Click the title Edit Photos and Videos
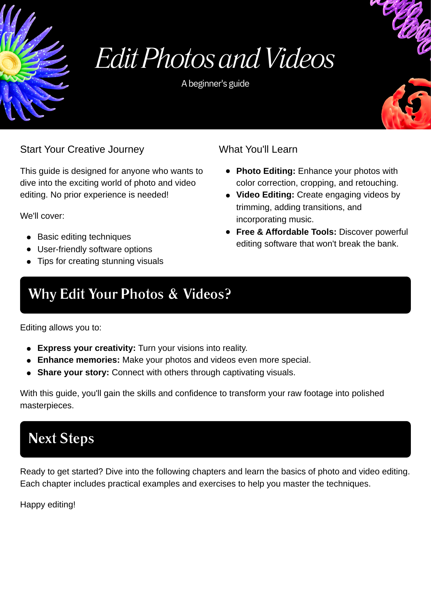coord(215,58)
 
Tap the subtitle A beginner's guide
coord(215,84)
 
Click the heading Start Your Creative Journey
coord(82,150)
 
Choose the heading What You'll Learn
coord(258,150)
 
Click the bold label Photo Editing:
coord(266,171)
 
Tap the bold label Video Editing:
coord(265,195)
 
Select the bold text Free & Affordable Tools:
coord(286,232)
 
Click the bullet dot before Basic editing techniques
coord(29,238)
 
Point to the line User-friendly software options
coord(95,249)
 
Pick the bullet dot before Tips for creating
coord(29,262)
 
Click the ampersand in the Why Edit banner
coord(173,294)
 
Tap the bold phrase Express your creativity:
coord(86,348)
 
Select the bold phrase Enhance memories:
coord(78,360)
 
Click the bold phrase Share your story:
coord(73,372)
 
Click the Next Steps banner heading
coord(61,439)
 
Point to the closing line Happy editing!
coord(48,505)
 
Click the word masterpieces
coord(47,406)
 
